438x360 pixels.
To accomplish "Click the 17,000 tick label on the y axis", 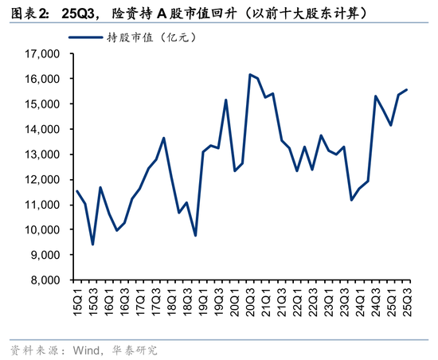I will [44, 54].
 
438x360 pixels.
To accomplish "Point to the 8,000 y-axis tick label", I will [46, 280].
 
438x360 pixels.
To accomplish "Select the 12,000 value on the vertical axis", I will [44, 180].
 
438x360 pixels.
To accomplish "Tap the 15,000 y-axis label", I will [44, 104].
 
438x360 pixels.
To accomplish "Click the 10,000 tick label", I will [44, 230].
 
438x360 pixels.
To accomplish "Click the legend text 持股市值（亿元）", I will [151, 37].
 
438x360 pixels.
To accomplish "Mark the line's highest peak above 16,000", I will [250, 75].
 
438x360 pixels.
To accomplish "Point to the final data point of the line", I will [408, 90].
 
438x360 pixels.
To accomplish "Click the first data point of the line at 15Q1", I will [76, 191].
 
